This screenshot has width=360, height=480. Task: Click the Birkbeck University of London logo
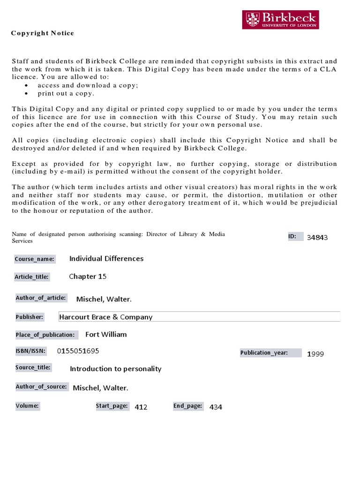pos(280,20)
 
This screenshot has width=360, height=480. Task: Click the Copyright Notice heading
pos(43,33)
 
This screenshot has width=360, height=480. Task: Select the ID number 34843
pos(317,237)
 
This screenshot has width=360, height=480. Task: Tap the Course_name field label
pos(35,259)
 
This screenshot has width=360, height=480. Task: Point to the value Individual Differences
pos(106,258)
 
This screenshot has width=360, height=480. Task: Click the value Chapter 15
pos(88,276)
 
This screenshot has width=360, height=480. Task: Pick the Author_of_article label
pos(41,298)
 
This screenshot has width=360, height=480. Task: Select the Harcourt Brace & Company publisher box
pos(199,317)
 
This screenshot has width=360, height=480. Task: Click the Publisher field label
pos(30,317)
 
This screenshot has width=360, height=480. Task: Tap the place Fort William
pos(106,334)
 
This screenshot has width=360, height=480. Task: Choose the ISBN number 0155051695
pos(78,351)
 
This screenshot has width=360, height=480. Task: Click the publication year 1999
pos(315,354)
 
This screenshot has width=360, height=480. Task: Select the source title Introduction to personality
pos(115,368)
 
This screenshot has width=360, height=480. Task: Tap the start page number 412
pos(141,407)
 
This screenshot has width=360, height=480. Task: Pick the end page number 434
pos(216,407)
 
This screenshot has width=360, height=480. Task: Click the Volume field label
pos(27,405)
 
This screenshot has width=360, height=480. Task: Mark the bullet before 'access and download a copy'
pos(26,86)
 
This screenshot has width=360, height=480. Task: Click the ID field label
pos(292,236)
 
